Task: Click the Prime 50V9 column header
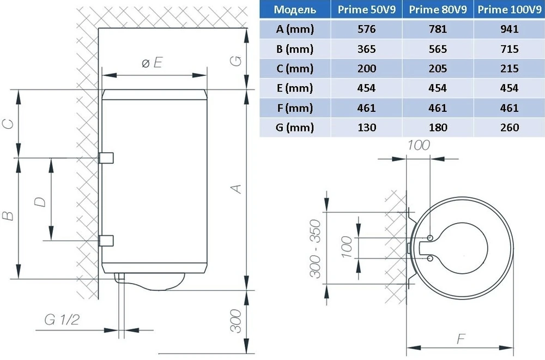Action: click(x=366, y=9)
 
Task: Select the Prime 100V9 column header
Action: click(x=509, y=9)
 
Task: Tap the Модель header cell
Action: click(x=295, y=9)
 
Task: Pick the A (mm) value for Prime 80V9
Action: click(x=438, y=29)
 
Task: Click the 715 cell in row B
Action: click(x=510, y=49)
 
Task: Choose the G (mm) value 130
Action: click(x=367, y=127)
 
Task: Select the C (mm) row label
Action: click(x=295, y=69)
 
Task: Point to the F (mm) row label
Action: click(x=295, y=108)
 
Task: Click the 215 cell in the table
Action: click(x=510, y=69)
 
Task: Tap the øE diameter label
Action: click(x=152, y=63)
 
